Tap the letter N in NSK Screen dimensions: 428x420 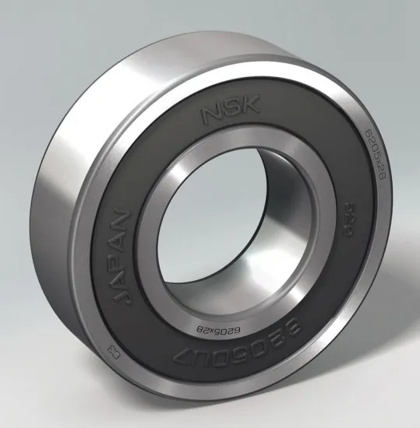coord(213,116)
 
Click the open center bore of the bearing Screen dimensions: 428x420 coord(226,233)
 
